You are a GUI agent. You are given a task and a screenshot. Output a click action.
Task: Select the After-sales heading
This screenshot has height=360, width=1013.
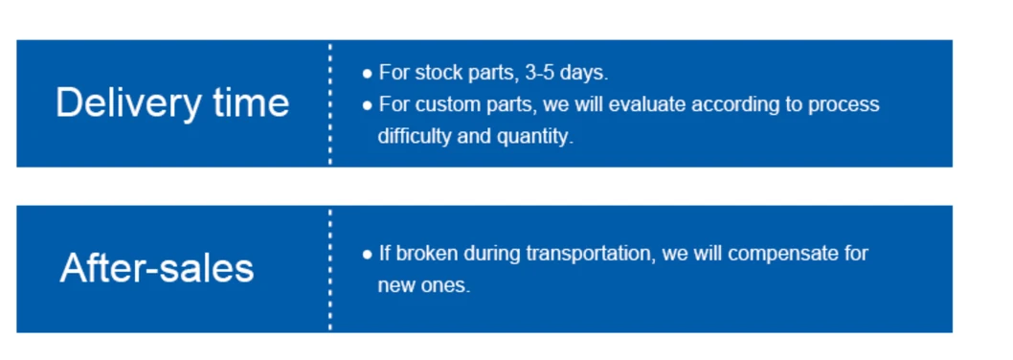coord(157,267)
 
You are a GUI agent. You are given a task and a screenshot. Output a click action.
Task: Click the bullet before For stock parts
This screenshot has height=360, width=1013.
coord(367,73)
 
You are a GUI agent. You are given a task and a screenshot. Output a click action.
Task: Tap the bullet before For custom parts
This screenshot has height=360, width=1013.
coord(367,104)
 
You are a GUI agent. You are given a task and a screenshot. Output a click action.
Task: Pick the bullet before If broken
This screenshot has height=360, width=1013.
coord(367,255)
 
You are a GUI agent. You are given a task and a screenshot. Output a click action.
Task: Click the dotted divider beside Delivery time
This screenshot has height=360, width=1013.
coord(330,103)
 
